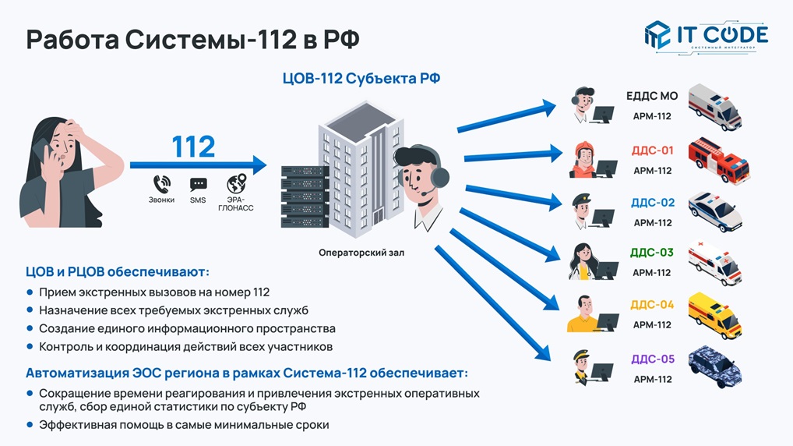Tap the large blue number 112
[193, 147]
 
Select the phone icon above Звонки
[161, 185]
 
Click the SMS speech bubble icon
[198, 185]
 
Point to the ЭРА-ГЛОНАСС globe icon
[236, 184]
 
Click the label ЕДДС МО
[652, 97]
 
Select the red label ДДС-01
[652, 150]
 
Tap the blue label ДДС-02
[653, 203]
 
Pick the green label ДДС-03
[652, 253]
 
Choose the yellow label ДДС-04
[652, 305]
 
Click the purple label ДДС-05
[652, 359]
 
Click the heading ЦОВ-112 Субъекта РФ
[355, 80]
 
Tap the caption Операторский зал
[361, 253]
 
